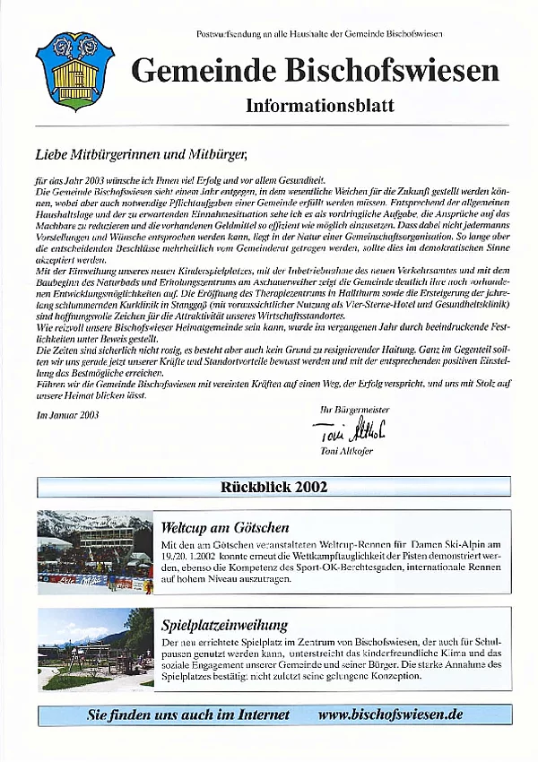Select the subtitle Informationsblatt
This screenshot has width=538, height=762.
[319, 105]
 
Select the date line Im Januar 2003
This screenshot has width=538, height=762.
[68, 415]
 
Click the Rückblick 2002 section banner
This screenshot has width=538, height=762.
[273, 488]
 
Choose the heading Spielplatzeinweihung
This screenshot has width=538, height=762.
[224, 626]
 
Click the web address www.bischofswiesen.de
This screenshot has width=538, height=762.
[390, 714]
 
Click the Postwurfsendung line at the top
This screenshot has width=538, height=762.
[319, 33]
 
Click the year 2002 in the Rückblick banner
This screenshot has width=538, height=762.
[308, 488]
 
